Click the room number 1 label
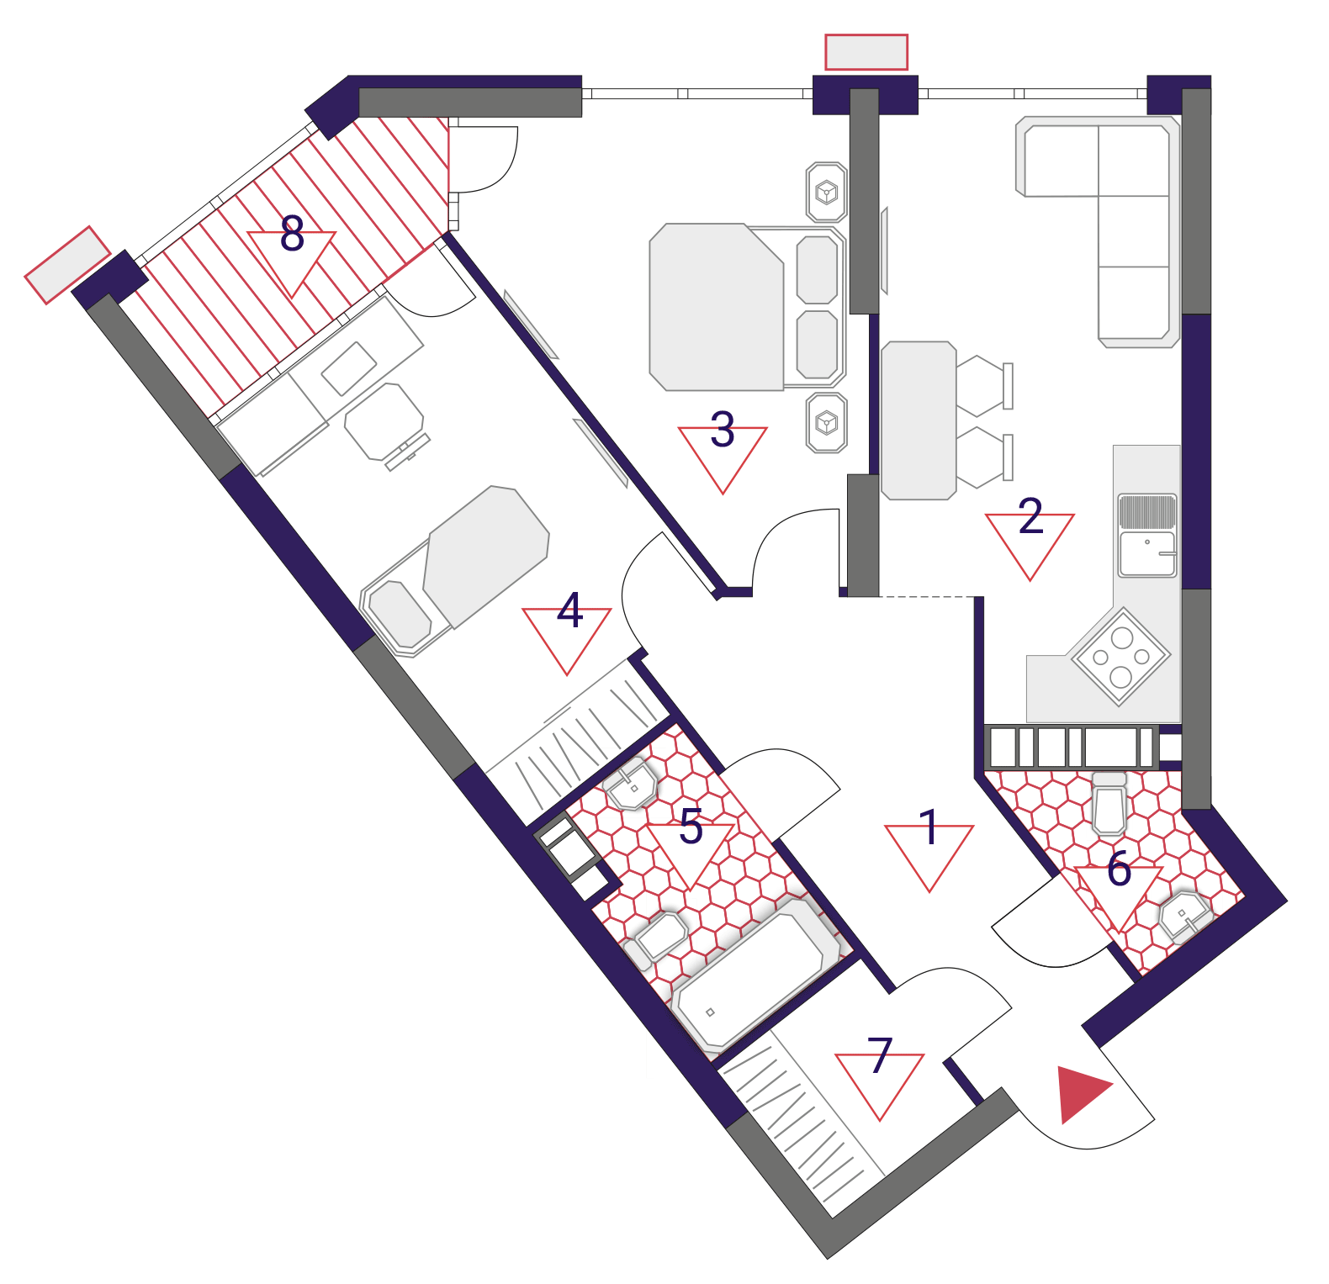[929, 827]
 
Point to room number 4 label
[570, 610]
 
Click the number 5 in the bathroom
[691, 826]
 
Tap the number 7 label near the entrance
[880, 1054]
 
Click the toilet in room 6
[1109, 803]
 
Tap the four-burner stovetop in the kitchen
[1120, 656]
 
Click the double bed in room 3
[747, 307]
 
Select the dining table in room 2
[919, 420]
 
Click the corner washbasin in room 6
[1185, 916]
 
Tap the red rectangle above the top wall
[866, 52]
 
